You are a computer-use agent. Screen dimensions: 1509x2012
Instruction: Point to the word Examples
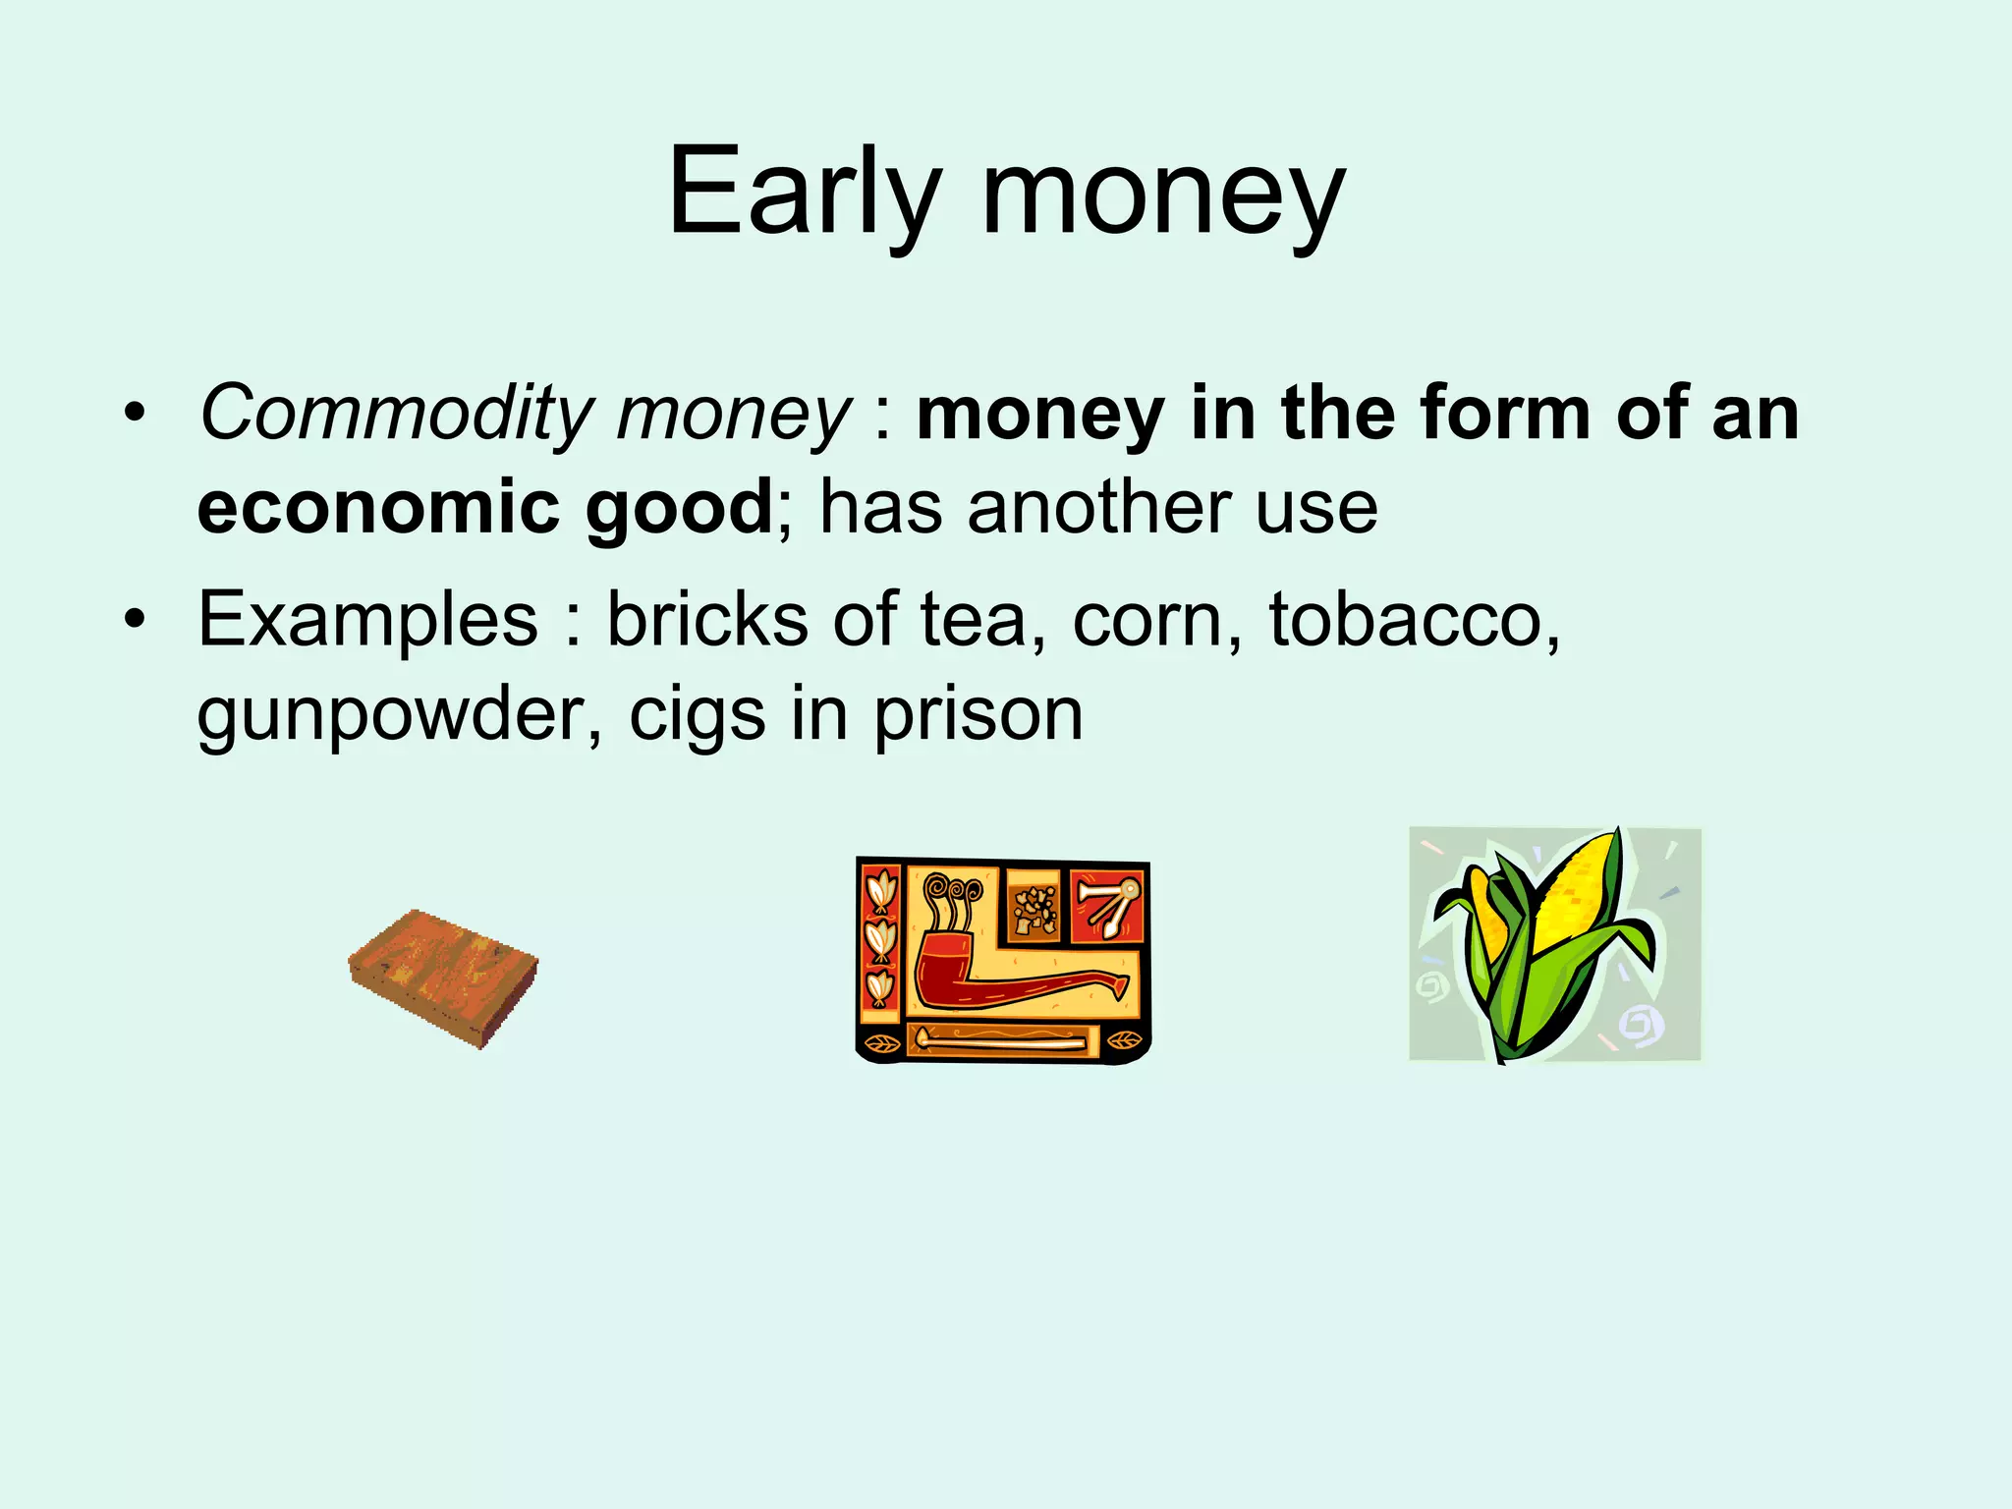click(x=367, y=619)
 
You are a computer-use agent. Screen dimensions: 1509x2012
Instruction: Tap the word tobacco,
click(x=1414, y=619)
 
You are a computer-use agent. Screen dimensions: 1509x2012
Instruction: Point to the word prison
click(x=978, y=714)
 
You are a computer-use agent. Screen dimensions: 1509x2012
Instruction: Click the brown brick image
click(x=443, y=978)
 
